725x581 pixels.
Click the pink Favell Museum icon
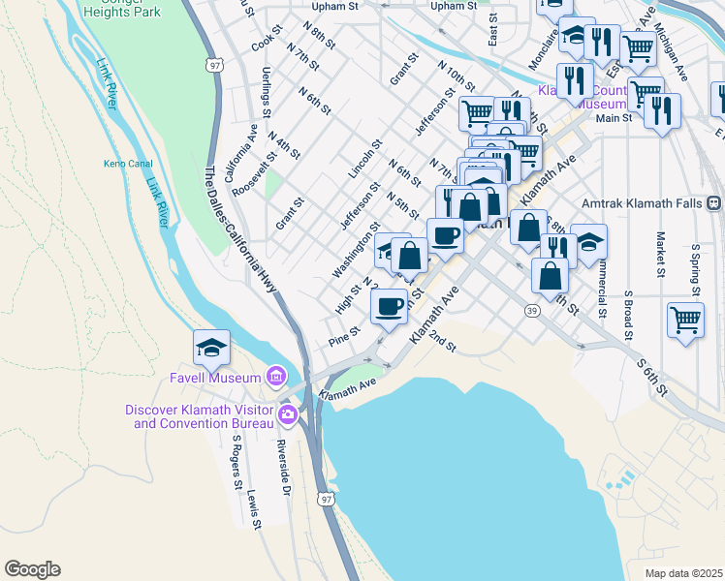pyautogui.click(x=276, y=376)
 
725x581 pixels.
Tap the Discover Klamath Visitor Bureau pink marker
pyautogui.click(x=287, y=415)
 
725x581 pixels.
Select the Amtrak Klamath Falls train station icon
pyautogui.click(x=713, y=203)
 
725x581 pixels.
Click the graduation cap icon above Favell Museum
pyautogui.click(x=212, y=346)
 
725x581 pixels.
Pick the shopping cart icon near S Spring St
pyautogui.click(x=685, y=319)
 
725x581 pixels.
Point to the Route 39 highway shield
pyautogui.click(x=532, y=310)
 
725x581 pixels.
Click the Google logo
pyautogui.click(x=32, y=569)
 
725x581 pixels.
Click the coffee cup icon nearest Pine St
pyautogui.click(x=389, y=306)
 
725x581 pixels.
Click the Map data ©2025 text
pyautogui.click(x=682, y=573)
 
